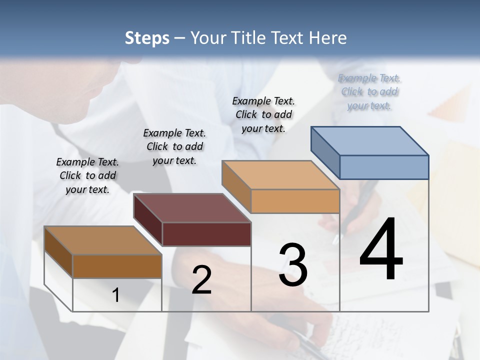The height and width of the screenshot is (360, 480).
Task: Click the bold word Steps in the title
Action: (147, 38)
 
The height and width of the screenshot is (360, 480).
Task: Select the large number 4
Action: (381, 250)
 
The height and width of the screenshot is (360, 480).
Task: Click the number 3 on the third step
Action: (293, 265)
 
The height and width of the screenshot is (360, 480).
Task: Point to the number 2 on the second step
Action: (201, 280)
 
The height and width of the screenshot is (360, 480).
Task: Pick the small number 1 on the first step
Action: (116, 295)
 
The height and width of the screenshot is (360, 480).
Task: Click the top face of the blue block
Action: (370, 140)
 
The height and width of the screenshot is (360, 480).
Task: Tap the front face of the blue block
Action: (384, 167)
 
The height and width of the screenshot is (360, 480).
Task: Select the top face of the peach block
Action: (280, 175)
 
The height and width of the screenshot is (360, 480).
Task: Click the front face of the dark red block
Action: (206, 234)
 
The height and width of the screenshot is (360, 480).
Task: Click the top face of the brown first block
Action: (103, 240)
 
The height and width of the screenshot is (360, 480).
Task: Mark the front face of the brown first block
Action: (117, 266)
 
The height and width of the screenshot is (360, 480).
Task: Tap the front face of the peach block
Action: (295, 201)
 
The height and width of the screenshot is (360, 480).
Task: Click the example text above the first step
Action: (87, 175)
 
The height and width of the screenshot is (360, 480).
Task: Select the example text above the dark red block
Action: (174, 146)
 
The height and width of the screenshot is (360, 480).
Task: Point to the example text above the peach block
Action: (263, 114)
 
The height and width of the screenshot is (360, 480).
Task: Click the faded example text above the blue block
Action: (369, 91)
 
